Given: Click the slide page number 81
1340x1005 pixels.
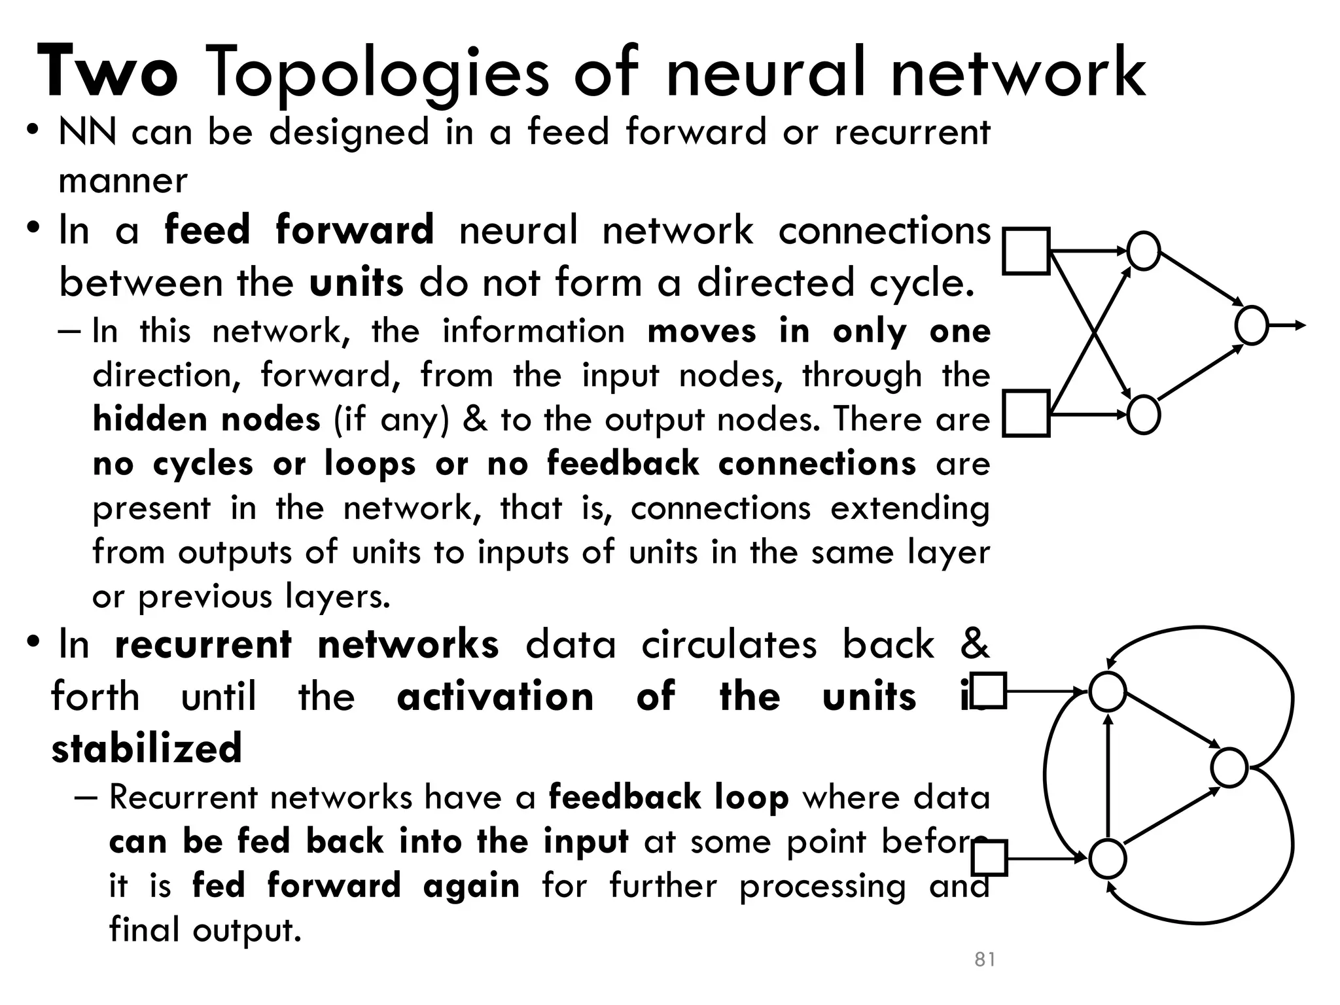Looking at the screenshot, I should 985,959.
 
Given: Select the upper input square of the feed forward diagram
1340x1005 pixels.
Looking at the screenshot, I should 1026,251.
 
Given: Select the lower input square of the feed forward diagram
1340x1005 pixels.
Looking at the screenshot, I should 1026,414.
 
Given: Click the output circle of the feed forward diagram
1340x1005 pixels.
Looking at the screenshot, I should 1251,325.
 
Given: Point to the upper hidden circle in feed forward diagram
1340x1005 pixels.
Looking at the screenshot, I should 1144,251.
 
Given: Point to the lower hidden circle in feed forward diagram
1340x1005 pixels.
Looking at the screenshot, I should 1144,415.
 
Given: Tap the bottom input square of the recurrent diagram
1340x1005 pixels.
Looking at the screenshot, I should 989,858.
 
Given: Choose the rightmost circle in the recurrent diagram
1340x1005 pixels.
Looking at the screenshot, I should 1229,767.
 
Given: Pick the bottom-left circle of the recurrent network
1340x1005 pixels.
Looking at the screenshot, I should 1107,859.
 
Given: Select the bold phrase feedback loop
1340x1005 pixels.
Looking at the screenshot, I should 668,797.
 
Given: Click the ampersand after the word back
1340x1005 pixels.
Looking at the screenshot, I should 974,643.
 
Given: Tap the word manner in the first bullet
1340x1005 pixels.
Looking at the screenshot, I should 123,181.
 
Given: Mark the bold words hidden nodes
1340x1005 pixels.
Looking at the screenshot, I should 207,419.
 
